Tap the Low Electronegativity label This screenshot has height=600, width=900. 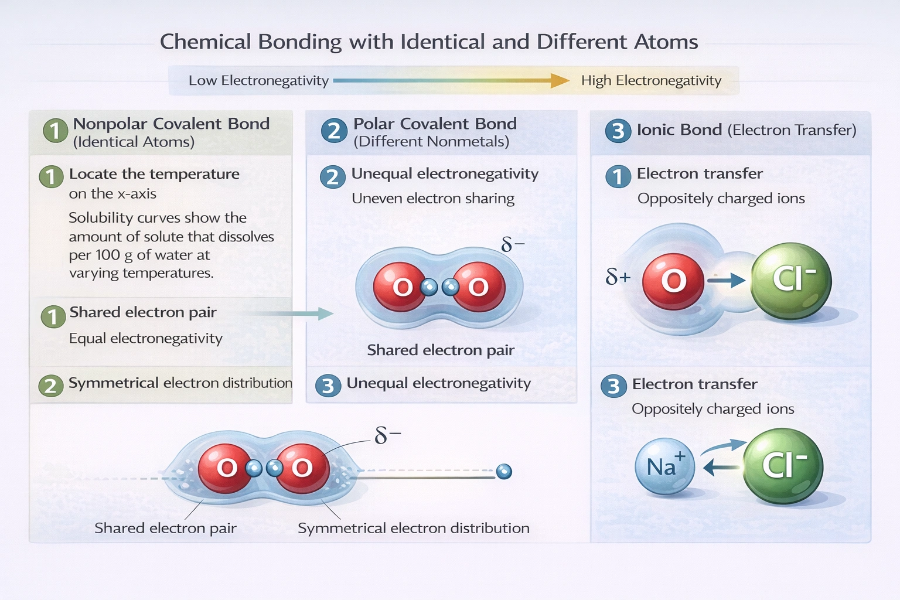(x=258, y=81)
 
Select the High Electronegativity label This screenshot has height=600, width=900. (x=651, y=81)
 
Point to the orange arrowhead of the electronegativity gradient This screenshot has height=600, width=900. (x=560, y=81)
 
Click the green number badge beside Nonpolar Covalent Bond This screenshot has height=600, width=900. (x=55, y=131)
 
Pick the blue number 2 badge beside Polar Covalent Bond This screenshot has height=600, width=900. (x=334, y=131)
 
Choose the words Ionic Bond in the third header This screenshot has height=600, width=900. (x=679, y=130)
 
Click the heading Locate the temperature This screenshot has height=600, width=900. (x=154, y=174)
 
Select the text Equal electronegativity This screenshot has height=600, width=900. (x=146, y=339)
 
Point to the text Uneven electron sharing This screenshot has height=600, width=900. (x=433, y=199)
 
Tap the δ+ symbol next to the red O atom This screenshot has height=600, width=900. (x=618, y=276)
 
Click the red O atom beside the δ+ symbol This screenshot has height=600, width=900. (x=673, y=282)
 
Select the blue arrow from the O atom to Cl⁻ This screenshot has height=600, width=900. (x=727, y=281)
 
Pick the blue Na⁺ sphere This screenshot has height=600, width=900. (x=664, y=466)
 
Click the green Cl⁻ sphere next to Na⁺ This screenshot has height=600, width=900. (x=783, y=466)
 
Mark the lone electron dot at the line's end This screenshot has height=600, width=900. (x=504, y=471)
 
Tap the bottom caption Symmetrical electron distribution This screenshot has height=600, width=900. (x=413, y=529)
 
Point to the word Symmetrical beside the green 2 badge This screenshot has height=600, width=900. (x=114, y=383)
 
